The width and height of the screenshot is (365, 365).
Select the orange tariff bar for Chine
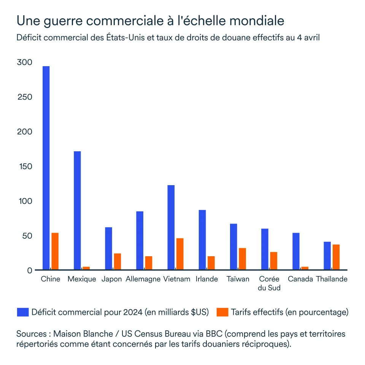(x=55, y=251)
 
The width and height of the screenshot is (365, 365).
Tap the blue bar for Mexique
(x=77, y=211)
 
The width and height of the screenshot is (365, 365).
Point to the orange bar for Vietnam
(x=180, y=254)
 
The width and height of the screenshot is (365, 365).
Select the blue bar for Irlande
(x=202, y=240)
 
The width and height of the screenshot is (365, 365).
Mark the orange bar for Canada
(x=305, y=268)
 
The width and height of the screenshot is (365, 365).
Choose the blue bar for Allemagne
(x=140, y=241)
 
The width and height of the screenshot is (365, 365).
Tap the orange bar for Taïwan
(x=243, y=259)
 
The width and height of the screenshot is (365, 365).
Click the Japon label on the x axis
(x=112, y=279)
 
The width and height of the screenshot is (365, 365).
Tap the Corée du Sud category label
(x=269, y=284)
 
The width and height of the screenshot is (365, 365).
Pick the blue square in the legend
(x=23, y=312)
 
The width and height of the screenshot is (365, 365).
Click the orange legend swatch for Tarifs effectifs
(x=222, y=312)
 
